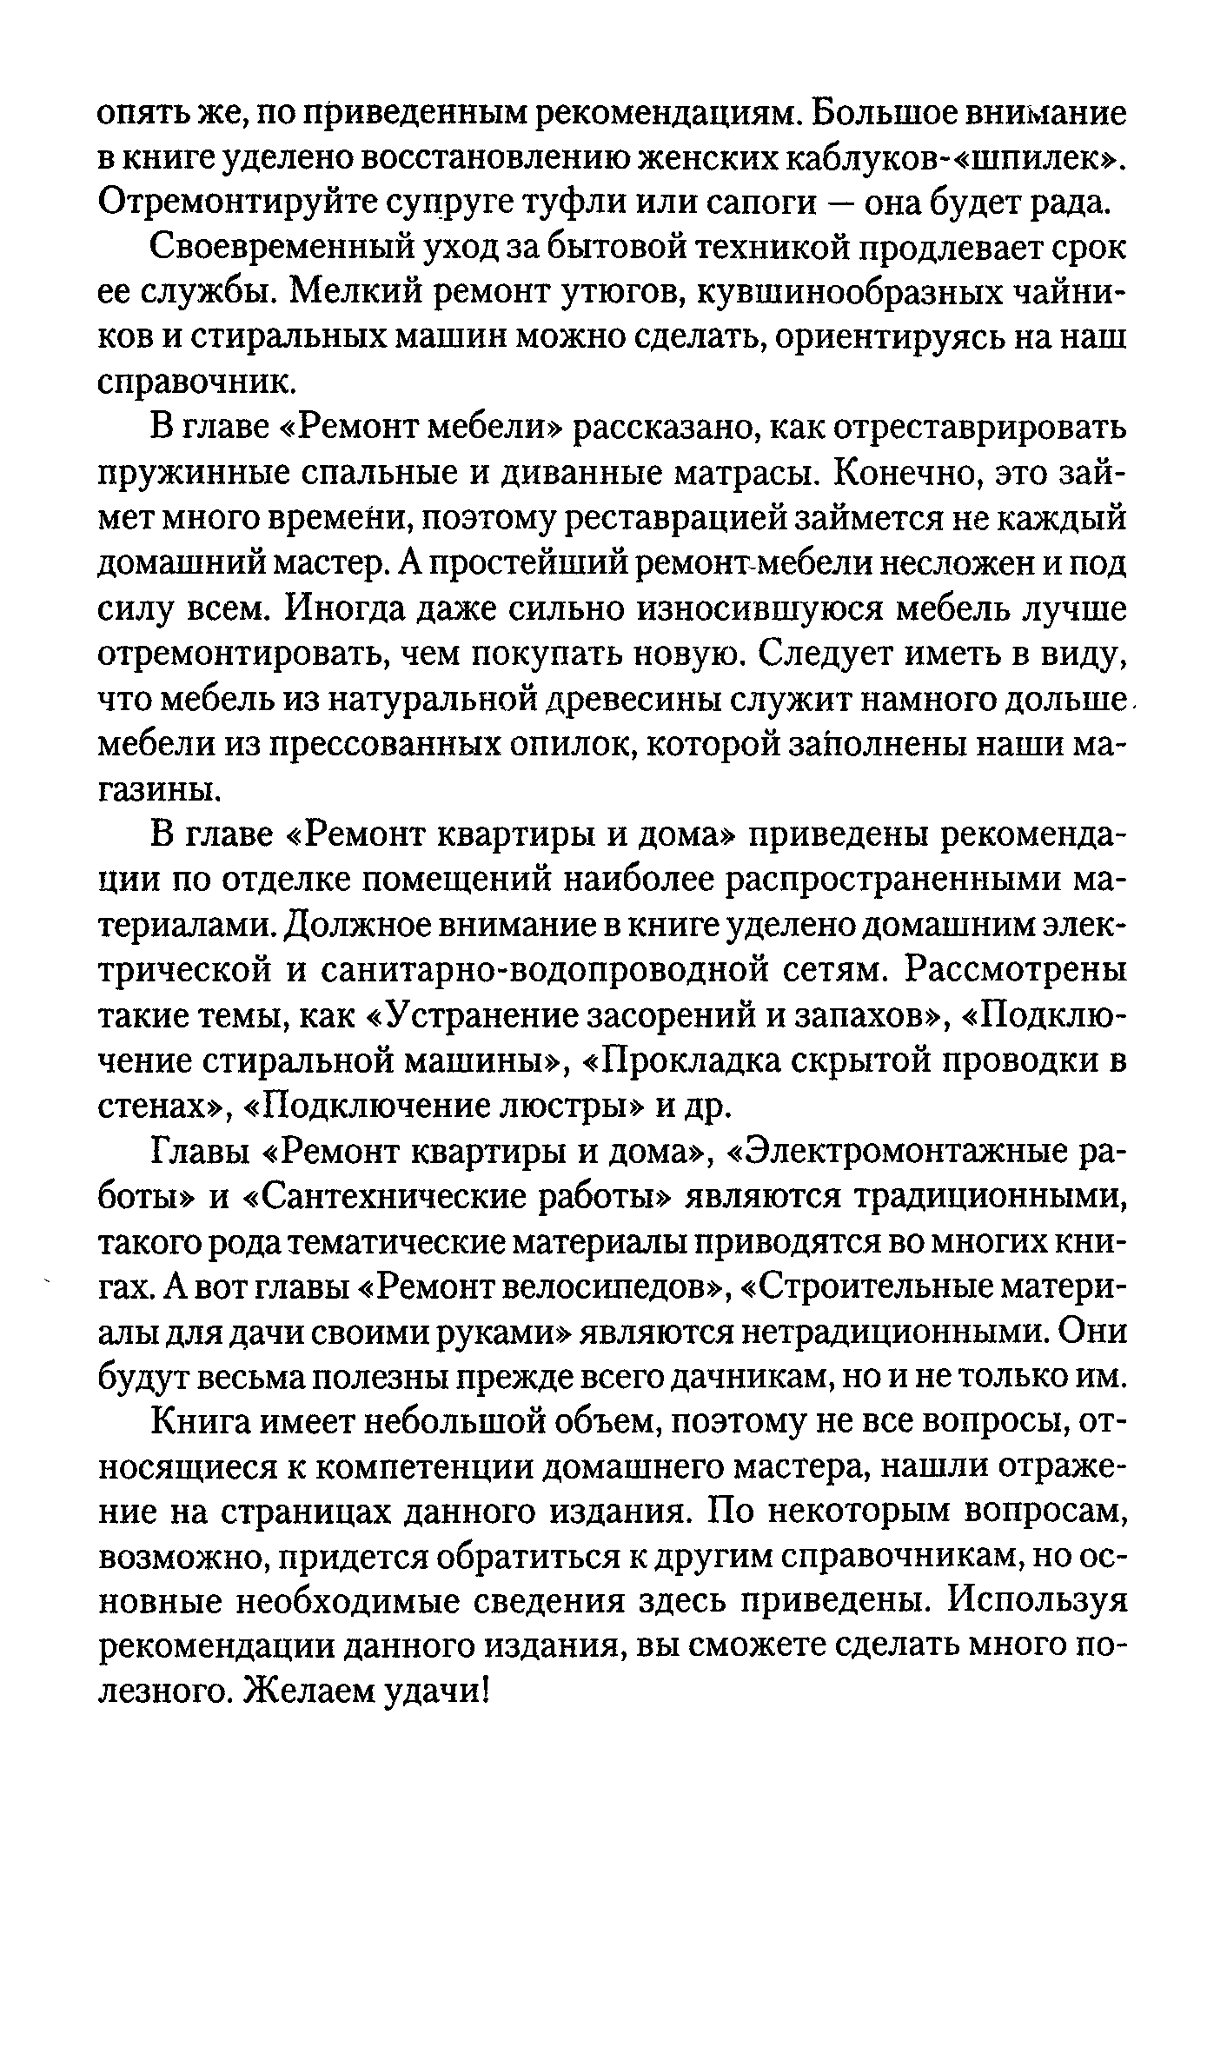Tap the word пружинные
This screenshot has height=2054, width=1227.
(201, 474)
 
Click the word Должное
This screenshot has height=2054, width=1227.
(340, 927)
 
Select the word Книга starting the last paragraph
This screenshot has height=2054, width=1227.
(205, 1424)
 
